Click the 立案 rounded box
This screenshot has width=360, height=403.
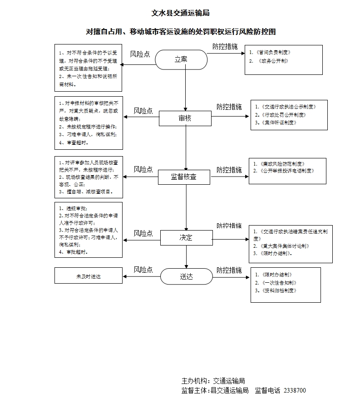pyautogui.click(x=181, y=59)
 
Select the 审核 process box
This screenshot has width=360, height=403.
pyautogui.click(x=185, y=118)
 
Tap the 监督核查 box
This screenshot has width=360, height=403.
pyautogui.click(x=184, y=177)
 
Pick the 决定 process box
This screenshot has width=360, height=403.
pyautogui.click(x=186, y=237)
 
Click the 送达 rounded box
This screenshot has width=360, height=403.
pyautogui.click(x=186, y=276)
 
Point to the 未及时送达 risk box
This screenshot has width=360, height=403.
pyautogui.click(x=89, y=275)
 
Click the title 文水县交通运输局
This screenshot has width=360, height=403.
pyautogui.click(x=180, y=14)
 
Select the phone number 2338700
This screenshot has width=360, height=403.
pyautogui.click(x=295, y=390)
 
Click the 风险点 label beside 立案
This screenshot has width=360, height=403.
pyautogui.click(x=140, y=54)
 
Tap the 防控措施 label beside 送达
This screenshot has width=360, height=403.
pyautogui.click(x=229, y=270)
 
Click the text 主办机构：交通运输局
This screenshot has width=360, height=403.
pyautogui.click(x=213, y=381)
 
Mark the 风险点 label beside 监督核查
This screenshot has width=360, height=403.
pyautogui.click(x=143, y=169)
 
